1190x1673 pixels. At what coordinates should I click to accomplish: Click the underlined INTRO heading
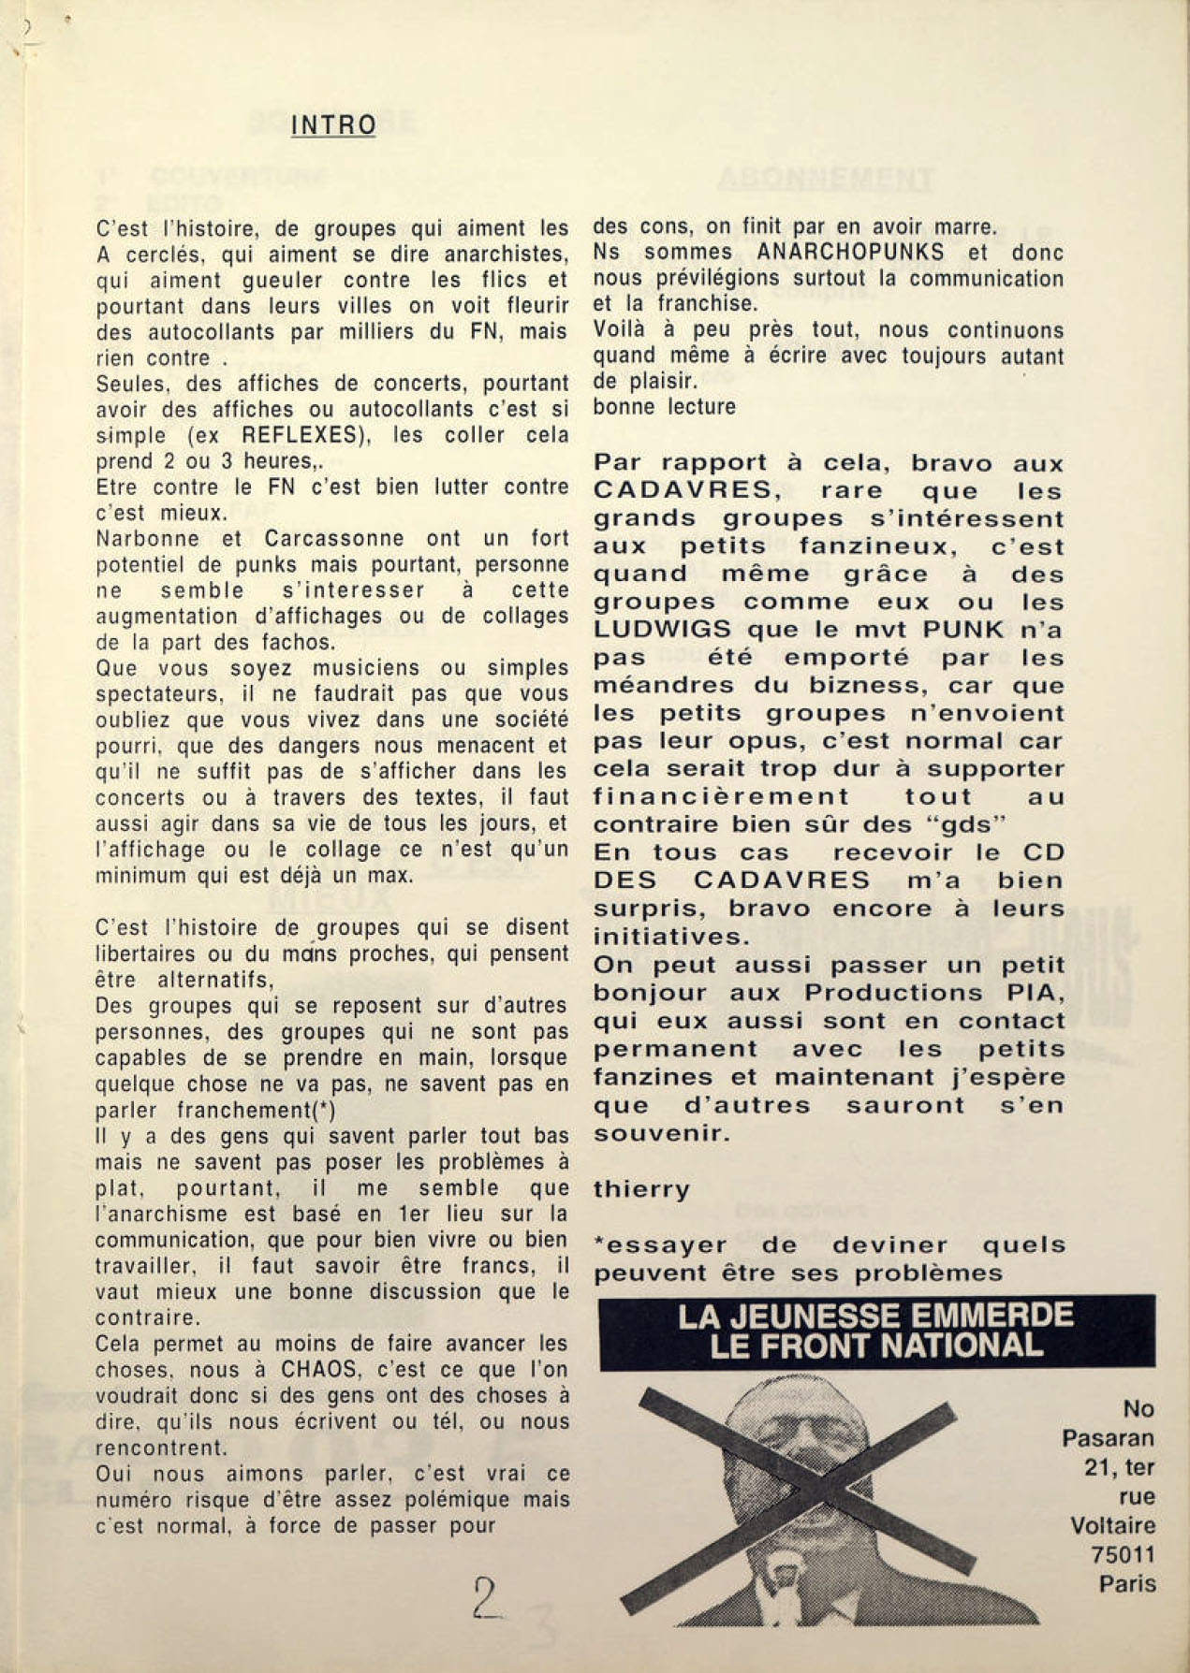pyautogui.click(x=333, y=125)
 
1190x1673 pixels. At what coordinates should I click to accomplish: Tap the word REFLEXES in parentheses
pyautogui.click(x=300, y=435)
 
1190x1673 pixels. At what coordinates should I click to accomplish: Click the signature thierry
pyautogui.click(x=641, y=1189)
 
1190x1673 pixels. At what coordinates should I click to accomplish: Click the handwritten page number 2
pyautogui.click(x=487, y=1599)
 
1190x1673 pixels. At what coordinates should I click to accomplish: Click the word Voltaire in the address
pyautogui.click(x=1112, y=1525)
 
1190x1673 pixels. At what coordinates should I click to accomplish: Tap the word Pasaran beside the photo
pyautogui.click(x=1108, y=1438)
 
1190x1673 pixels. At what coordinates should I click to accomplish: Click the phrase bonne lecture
pyautogui.click(x=664, y=407)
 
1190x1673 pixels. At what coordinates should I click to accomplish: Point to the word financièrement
pyautogui.click(x=722, y=797)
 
